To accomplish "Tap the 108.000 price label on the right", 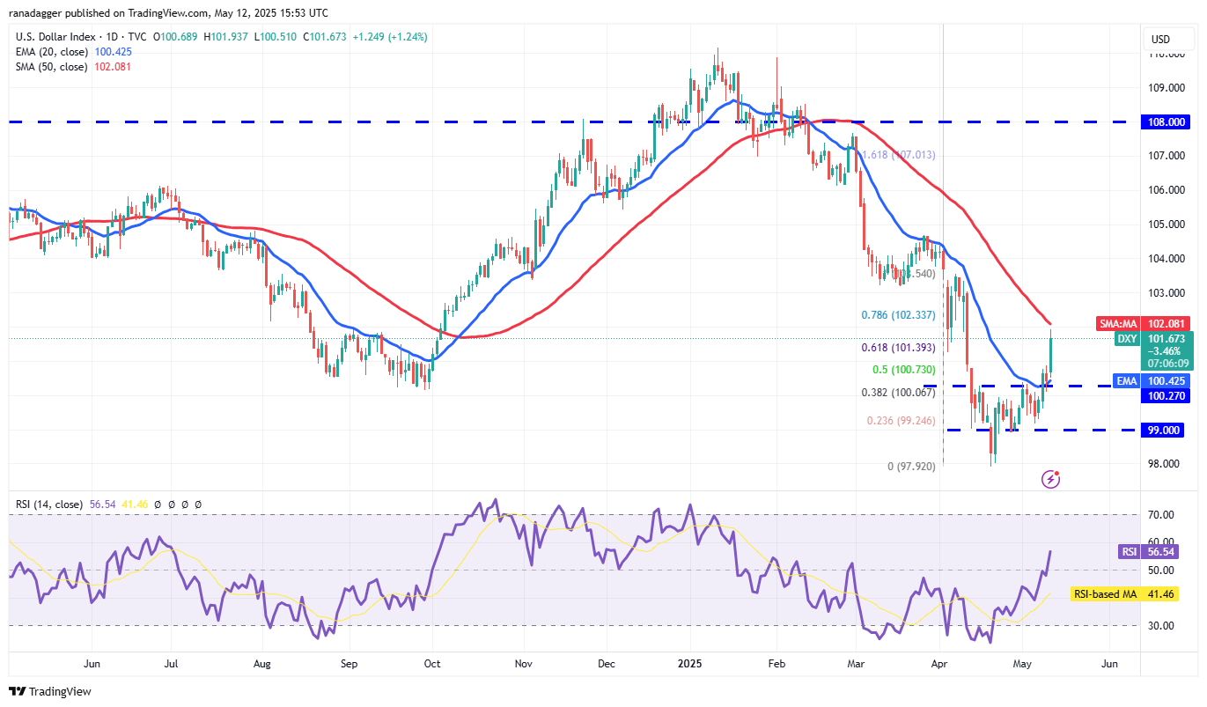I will click(x=1167, y=122).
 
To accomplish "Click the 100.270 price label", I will click(x=1167, y=396).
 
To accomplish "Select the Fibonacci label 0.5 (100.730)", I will click(x=904, y=369).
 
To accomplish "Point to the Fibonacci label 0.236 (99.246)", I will click(x=902, y=421).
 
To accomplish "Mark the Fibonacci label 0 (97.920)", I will click(x=911, y=466).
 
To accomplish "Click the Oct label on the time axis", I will click(x=432, y=664).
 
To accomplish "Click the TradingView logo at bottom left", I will click(x=50, y=691).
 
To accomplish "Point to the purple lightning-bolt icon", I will click(x=1050, y=479).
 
